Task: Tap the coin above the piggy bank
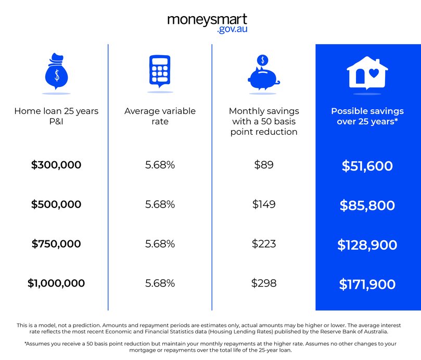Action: pos(263,60)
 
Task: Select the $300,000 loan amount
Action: pos(56,165)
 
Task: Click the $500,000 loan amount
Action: pos(56,204)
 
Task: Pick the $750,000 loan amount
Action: pos(56,243)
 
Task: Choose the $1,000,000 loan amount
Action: pos(56,284)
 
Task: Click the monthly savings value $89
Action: pos(264,165)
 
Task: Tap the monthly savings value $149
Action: pos(264,204)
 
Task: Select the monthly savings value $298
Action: pos(264,284)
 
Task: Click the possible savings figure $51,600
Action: pos(367,166)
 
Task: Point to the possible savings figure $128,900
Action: pos(367,245)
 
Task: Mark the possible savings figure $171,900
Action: pos(367,285)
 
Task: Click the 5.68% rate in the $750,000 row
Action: pos(160,243)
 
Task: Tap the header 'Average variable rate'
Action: pos(160,116)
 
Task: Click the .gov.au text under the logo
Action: pos(232,30)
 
